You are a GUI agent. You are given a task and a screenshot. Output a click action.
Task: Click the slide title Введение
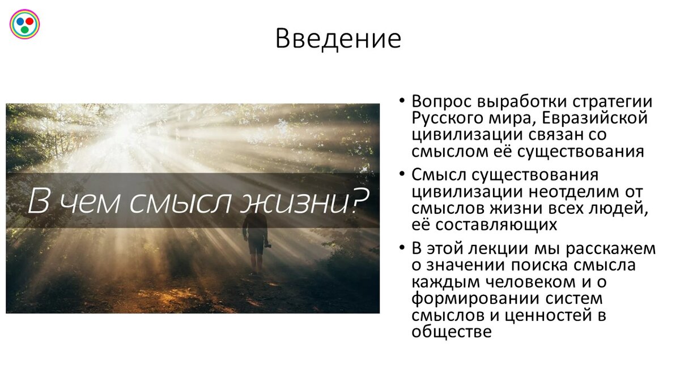point(338,39)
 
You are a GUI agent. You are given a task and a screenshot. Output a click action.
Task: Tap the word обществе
point(452,331)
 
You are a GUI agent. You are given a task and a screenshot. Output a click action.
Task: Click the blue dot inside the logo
point(20,21)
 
